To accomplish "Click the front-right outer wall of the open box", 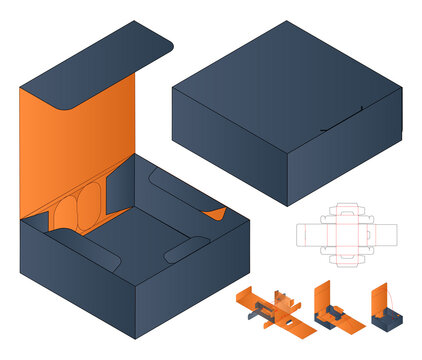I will coord(180,285).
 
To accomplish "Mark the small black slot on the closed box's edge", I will coord(326,130).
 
